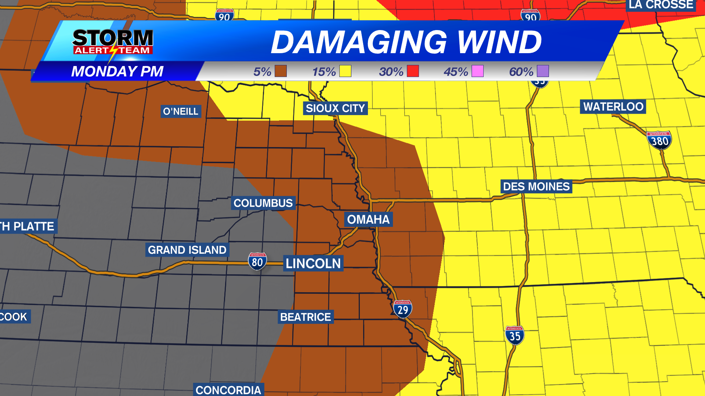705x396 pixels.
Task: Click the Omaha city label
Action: [368, 219]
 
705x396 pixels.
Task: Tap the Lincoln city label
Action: [313, 263]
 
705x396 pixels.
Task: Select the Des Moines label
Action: [536, 187]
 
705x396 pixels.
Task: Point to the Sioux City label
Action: [335, 108]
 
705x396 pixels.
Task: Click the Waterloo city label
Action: [613, 107]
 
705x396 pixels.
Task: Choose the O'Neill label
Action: [181, 111]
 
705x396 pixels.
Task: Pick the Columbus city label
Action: [263, 203]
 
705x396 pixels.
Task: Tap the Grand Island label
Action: [187, 250]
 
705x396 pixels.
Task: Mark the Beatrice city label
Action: [305, 317]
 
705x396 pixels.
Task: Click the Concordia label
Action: [228, 390]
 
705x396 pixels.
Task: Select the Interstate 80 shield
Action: [257, 261]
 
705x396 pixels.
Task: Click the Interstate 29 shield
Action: [403, 309]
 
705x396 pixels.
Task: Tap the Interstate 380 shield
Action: [659, 140]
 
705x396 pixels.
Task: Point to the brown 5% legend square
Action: [281, 71]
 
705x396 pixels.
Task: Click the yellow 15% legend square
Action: [345, 71]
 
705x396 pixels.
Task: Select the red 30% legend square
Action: [413, 71]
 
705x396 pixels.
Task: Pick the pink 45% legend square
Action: [477, 71]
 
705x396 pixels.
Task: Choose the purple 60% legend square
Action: [543, 71]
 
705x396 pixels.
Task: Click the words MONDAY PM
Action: [117, 71]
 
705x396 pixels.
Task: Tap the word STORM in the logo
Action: [113, 38]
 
